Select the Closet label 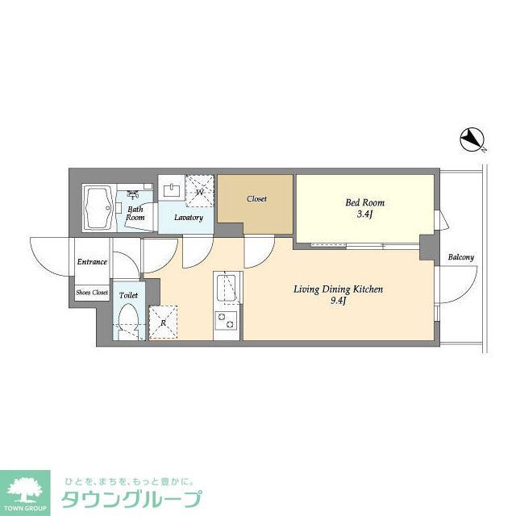coord(256,198)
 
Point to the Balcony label coord(460,257)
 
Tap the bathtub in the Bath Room coord(101,206)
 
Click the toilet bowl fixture coord(128,322)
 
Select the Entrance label coord(92,261)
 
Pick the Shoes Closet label coord(92,292)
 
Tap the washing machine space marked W coord(200,191)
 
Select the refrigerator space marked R coord(164,322)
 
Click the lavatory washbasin coord(172,190)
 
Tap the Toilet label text coord(128,295)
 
